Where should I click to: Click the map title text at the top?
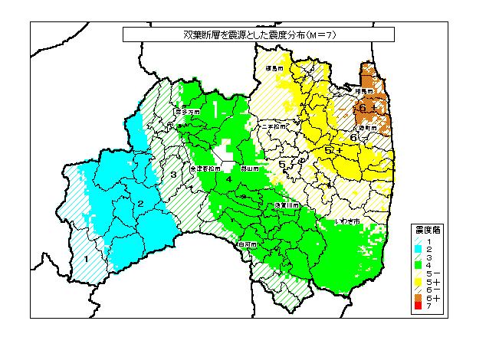pyautogui.click(x=258, y=34)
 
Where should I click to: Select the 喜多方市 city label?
pyautogui.click(x=188, y=112)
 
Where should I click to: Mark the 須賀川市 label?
pyautogui.click(x=286, y=206)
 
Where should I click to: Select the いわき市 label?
pyautogui.click(x=348, y=221)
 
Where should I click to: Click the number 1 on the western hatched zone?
pyautogui.click(x=86, y=259)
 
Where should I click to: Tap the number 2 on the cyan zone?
pyautogui.click(x=141, y=203)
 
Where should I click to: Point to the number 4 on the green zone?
pyautogui.click(x=228, y=179)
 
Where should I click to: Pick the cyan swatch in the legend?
pyautogui.click(x=418, y=250)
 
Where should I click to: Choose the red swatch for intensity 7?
pyautogui.click(x=418, y=307)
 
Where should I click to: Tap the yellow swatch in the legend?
pyautogui.click(x=418, y=282)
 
